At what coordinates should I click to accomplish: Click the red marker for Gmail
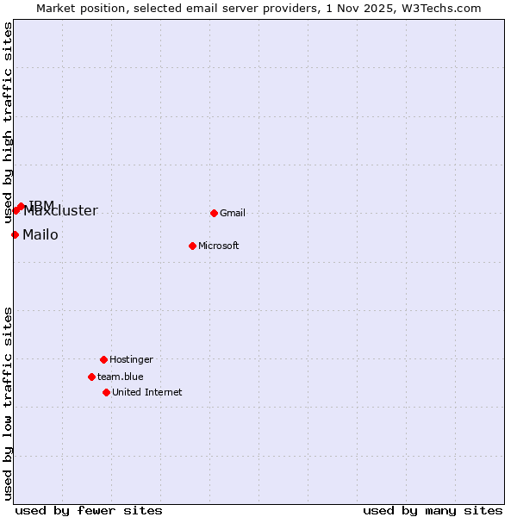[x=214, y=213]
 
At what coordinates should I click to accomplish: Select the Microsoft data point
[x=192, y=246]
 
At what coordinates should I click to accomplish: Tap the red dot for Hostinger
[x=103, y=359]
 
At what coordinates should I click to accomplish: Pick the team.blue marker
[x=91, y=377]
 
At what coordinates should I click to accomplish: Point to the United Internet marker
[x=106, y=392]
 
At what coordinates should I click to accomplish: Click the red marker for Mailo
[x=15, y=234]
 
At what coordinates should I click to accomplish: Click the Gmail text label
[x=233, y=213]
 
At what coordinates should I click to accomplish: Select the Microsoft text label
[x=219, y=246]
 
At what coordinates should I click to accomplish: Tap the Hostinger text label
[x=131, y=359]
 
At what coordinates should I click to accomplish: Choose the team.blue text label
[x=121, y=377]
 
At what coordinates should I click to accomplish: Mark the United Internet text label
[x=147, y=392]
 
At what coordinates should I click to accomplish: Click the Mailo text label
[x=40, y=234]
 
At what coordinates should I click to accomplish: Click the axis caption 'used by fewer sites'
[x=89, y=510]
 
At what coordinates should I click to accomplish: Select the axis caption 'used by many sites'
[x=433, y=510]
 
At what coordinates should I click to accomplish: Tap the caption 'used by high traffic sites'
[x=9, y=123]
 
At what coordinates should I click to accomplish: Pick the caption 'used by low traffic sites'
[x=9, y=402]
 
